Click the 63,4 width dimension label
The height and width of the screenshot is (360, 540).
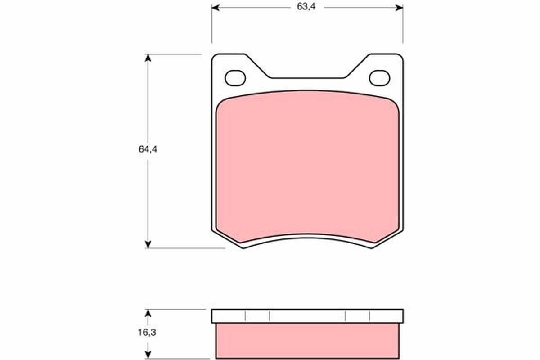pos(305,7)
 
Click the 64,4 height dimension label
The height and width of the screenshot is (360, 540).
pos(148,150)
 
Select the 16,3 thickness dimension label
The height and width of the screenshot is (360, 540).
pos(148,333)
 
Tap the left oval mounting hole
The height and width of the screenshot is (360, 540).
pos(235,78)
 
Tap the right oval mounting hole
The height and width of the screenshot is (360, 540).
pos(379,78)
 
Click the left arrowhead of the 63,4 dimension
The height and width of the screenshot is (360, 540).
pos(215,8)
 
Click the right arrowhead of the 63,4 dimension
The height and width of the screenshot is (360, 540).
pos(400,8)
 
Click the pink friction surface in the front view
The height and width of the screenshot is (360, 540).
pos(307,166)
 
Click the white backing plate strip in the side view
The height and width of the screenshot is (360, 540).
pos(307,316)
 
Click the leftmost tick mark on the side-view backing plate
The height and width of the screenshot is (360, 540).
pos(245,316)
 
